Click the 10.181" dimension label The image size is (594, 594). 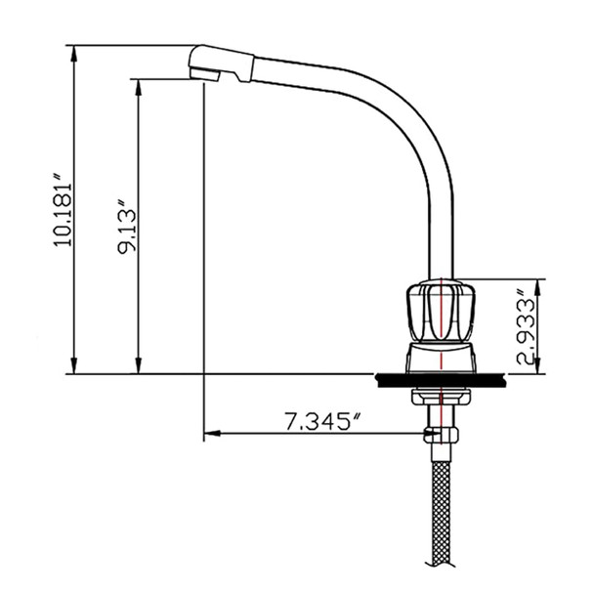pyautogui.click(x=62, y=211)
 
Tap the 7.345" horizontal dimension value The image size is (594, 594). pyautogui.click(x=323, y=422)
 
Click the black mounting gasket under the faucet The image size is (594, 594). pyautogui.click(x=441, y=379)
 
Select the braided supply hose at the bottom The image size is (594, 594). pyautogui.click(x=443, y=508)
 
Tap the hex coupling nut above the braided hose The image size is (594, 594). pyautogui.click(x=442, y=434)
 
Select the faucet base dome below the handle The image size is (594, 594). pyautogui.click(x=441, y=357)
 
